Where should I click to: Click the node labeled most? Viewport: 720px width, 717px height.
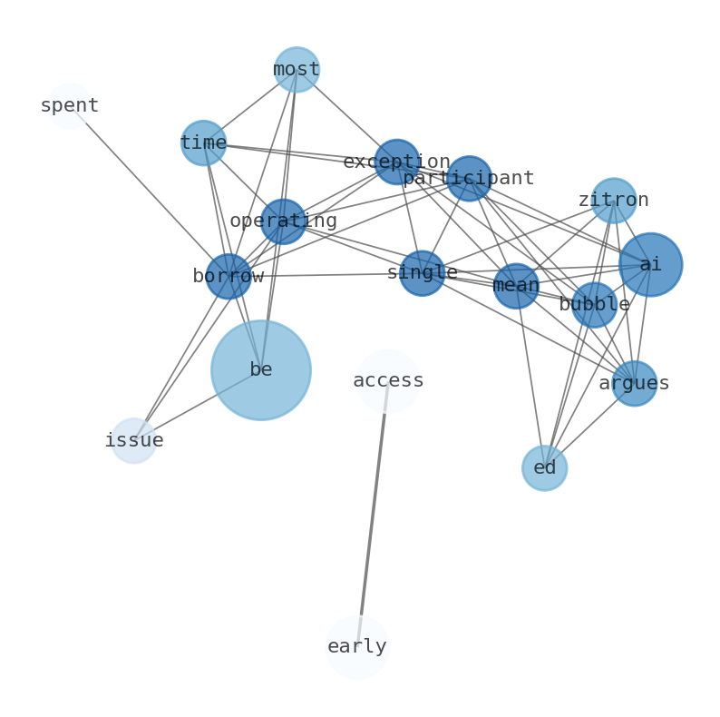(297, 70)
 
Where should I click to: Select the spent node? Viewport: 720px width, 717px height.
(70, 106)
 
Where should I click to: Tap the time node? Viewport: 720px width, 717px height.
(203, 143)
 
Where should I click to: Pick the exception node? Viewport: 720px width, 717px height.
(397, 162)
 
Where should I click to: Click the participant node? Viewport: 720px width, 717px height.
(469, 179)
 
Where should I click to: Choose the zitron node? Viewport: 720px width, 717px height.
(614, 201)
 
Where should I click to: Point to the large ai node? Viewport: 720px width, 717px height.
(650, 264)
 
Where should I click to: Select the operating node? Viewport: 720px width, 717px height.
(283, 221)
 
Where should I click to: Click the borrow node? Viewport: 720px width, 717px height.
(229, 276)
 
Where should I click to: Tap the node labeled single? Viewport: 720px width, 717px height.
(423, 273)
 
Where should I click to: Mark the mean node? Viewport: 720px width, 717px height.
(516, 286)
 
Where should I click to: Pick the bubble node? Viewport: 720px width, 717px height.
(594, 305)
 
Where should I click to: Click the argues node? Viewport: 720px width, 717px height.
(634, 383)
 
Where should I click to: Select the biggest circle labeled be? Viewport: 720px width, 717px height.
(261, 370)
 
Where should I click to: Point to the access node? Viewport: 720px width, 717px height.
(388, 381)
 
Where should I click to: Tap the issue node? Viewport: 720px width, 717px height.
(134, 441)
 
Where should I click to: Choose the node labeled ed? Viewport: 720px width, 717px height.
(545, 468)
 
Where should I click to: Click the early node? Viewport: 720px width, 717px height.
(357, 647)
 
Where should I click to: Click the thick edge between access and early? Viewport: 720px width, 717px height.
(373, 514)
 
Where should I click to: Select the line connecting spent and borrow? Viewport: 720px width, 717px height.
(150, 192)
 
